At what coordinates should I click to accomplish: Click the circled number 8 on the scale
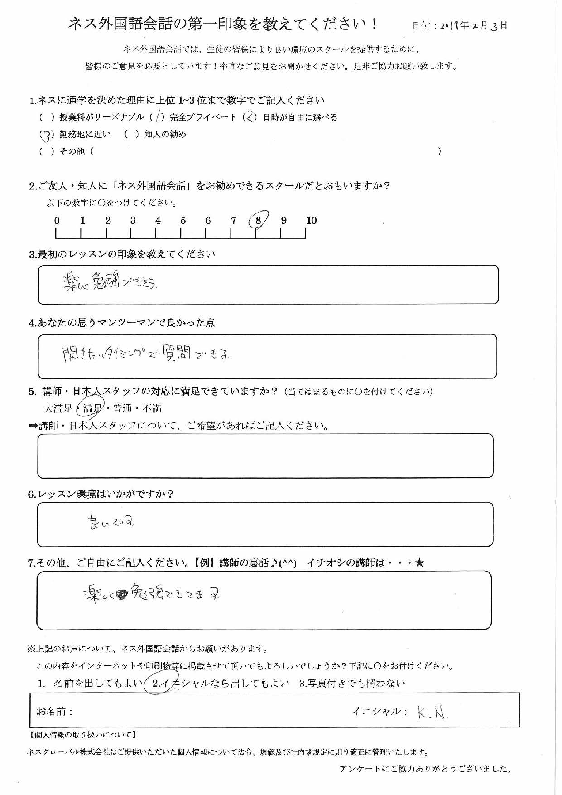258,221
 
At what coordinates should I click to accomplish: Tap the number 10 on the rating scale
312,221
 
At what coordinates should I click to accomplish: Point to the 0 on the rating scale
57,221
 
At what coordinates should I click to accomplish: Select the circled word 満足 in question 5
92,408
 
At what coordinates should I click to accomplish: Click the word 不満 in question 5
152,408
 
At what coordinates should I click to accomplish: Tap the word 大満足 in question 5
58,408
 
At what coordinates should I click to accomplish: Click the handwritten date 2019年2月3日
473,25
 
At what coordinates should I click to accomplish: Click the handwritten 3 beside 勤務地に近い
45,135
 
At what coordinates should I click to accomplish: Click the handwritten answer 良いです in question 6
111,523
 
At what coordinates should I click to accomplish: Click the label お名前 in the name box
54,711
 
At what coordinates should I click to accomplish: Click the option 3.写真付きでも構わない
352,683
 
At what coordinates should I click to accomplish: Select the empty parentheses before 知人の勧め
131,134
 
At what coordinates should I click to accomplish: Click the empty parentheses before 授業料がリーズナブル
47,117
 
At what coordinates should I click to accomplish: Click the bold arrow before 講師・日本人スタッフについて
33,426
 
